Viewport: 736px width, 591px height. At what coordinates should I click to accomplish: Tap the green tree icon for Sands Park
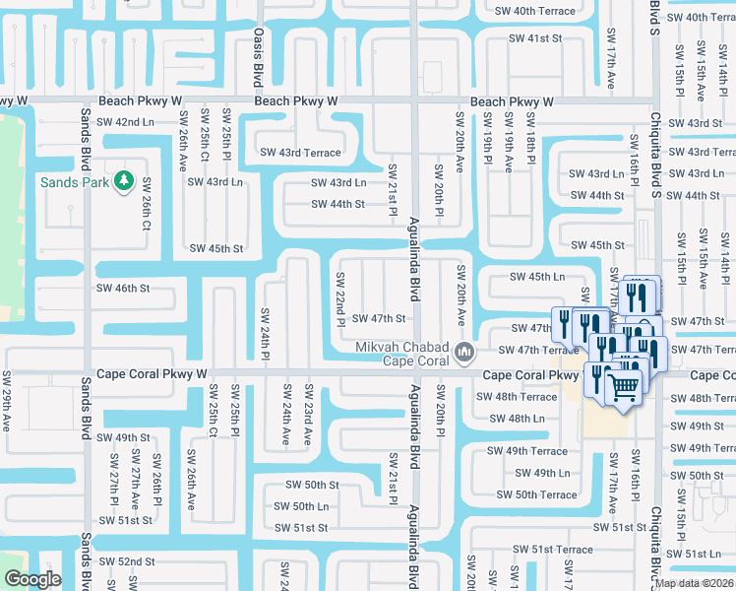coord(123,181)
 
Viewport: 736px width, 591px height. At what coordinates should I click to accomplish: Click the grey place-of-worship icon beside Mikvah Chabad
coord(464,350)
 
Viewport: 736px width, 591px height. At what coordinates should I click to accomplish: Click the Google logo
coord(32,579)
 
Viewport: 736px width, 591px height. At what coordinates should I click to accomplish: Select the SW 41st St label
coord(534,38)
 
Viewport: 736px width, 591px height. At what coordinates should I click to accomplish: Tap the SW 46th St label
coord(122,289)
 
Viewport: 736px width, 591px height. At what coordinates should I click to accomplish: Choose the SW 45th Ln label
coord(537,277)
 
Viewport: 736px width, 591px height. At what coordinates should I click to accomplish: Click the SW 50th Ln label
coord(302,506)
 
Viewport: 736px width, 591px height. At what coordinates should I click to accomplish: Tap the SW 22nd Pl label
coord(340,298)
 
